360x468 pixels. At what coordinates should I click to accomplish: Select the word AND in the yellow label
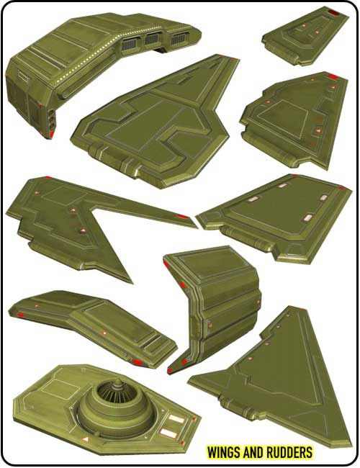coord(252,452)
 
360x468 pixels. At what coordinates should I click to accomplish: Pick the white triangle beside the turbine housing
coord(86,439)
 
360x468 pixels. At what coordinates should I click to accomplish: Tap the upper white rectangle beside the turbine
coord(176,419)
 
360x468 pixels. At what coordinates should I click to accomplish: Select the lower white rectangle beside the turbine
coord(168,433)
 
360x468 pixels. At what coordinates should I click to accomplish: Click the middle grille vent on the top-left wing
coord(152,39)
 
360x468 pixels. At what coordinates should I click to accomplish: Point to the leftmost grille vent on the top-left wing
coord(129,44)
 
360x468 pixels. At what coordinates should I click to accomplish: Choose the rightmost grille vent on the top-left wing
coord(179,39)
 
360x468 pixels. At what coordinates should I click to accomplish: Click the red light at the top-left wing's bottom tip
coord(52,135)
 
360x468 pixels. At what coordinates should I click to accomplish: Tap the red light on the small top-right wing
coord(333,12)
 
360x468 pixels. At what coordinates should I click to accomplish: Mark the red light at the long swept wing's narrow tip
coord(183,217)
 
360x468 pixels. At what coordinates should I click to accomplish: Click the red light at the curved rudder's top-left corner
coord(166,264)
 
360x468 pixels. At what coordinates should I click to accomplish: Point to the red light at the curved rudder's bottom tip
coord(170,371)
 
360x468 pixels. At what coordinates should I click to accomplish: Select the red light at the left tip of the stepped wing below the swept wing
coord(20,315)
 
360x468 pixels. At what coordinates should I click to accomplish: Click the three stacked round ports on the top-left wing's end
coord(52,118)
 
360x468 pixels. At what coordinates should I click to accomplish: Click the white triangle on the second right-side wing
coord(318,131)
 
